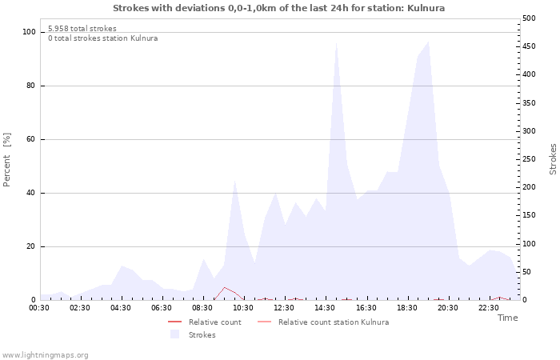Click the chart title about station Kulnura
tap(279, 8)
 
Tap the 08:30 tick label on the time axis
tap(203, 307)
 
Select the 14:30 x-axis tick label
tap(326, 307)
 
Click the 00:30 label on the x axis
tap(39, 307)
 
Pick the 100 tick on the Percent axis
tap(29, 32)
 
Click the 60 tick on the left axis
tap(31, 139)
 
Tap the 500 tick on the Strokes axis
tap(529, 18)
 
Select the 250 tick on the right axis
tap(529, 159)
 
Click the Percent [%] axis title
tap(7, 160)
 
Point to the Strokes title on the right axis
tap(553, 159)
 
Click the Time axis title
tap(507, 318)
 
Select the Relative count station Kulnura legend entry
tap(334, 322)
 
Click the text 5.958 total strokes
tap(82, 29)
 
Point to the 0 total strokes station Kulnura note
tap(102, 38)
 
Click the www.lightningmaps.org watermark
tap(45, 354)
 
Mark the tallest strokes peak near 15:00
tap(336, 44)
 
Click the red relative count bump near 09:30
tap(225, 288)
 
